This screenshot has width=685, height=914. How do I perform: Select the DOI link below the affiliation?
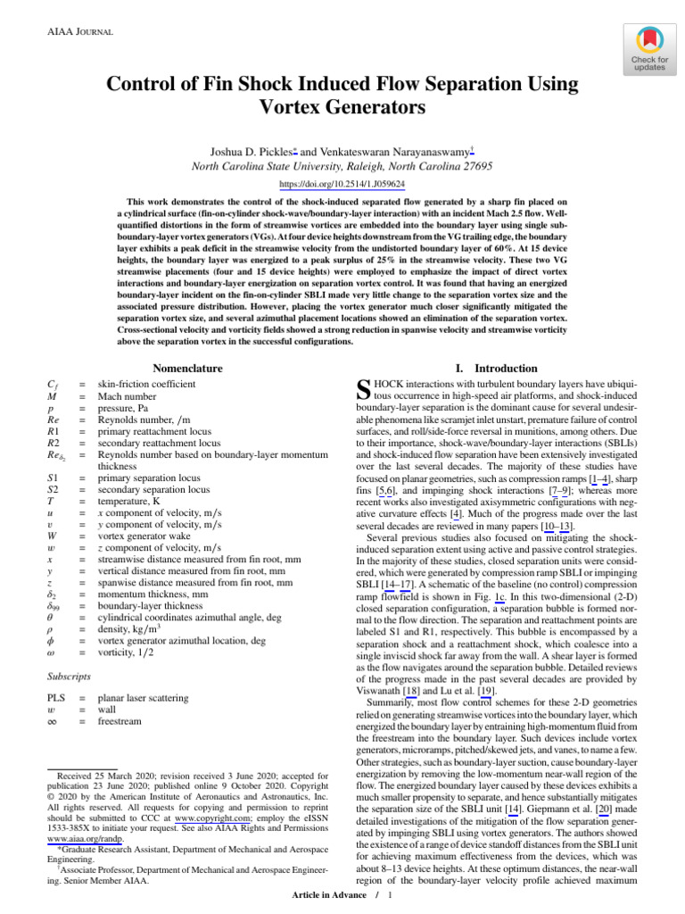342,184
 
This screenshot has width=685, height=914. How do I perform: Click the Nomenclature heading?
187,368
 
